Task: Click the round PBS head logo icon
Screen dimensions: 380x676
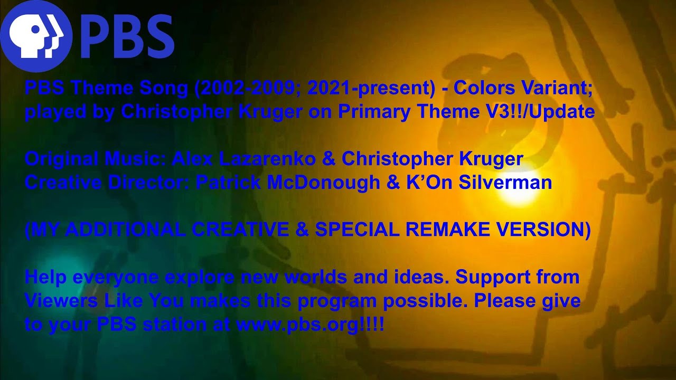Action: click(x=36, y=36)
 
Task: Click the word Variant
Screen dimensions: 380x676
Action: click(x=561, y=88)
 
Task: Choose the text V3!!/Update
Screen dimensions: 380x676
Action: click(x=542, y=111)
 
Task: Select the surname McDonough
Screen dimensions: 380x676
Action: click(x=323, y=182)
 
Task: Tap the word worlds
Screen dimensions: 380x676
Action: click(x=321, y=277)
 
